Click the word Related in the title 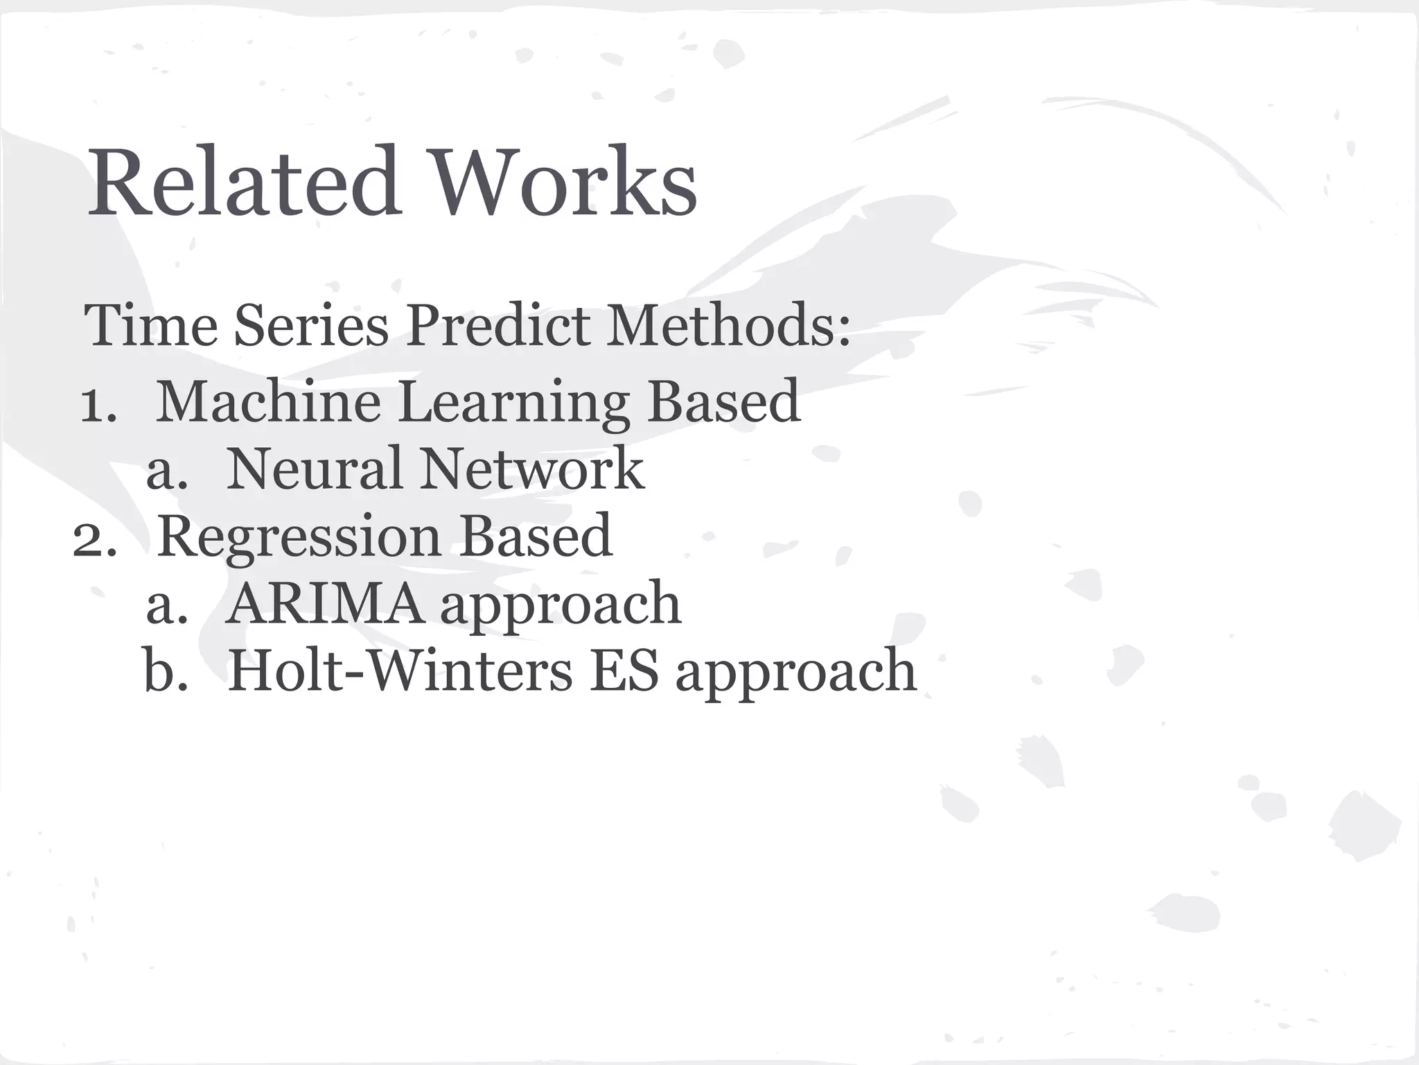pyautogui.click(x=243, y=182)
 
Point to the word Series pyautogui.click(x=311, y=326)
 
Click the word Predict pyautogui.click(x=497, y=326)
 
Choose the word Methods pyautogui.click(x=728, y=326)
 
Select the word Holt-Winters pyautogui.click(x=400, y=671)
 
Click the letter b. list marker pyautogui.click(x=166, y=671)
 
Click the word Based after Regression pyautogui.click(x=536, y=536)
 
